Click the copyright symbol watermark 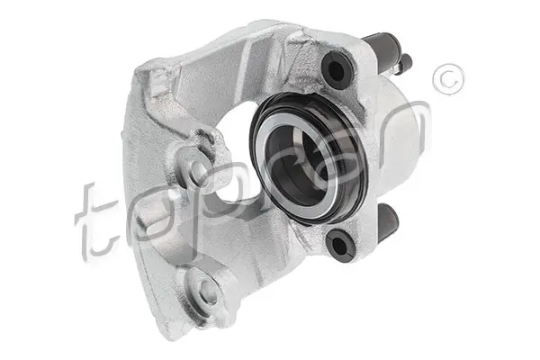pos(448,79)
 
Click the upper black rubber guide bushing pos(336,70)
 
